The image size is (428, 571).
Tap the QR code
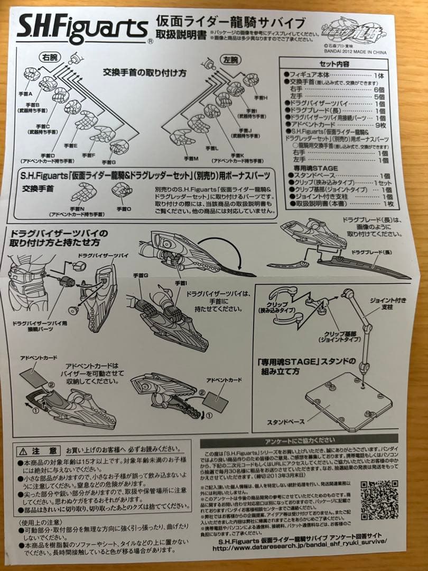(x=379, y=500)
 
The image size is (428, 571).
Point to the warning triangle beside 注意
(x=24, y=451)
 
